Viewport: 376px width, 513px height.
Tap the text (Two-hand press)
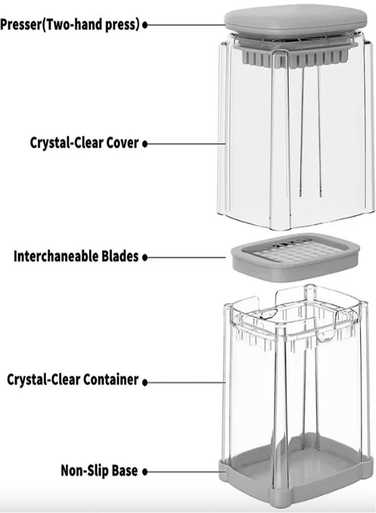tap(93, 25)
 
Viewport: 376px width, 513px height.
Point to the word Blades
tap(121, 256)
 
